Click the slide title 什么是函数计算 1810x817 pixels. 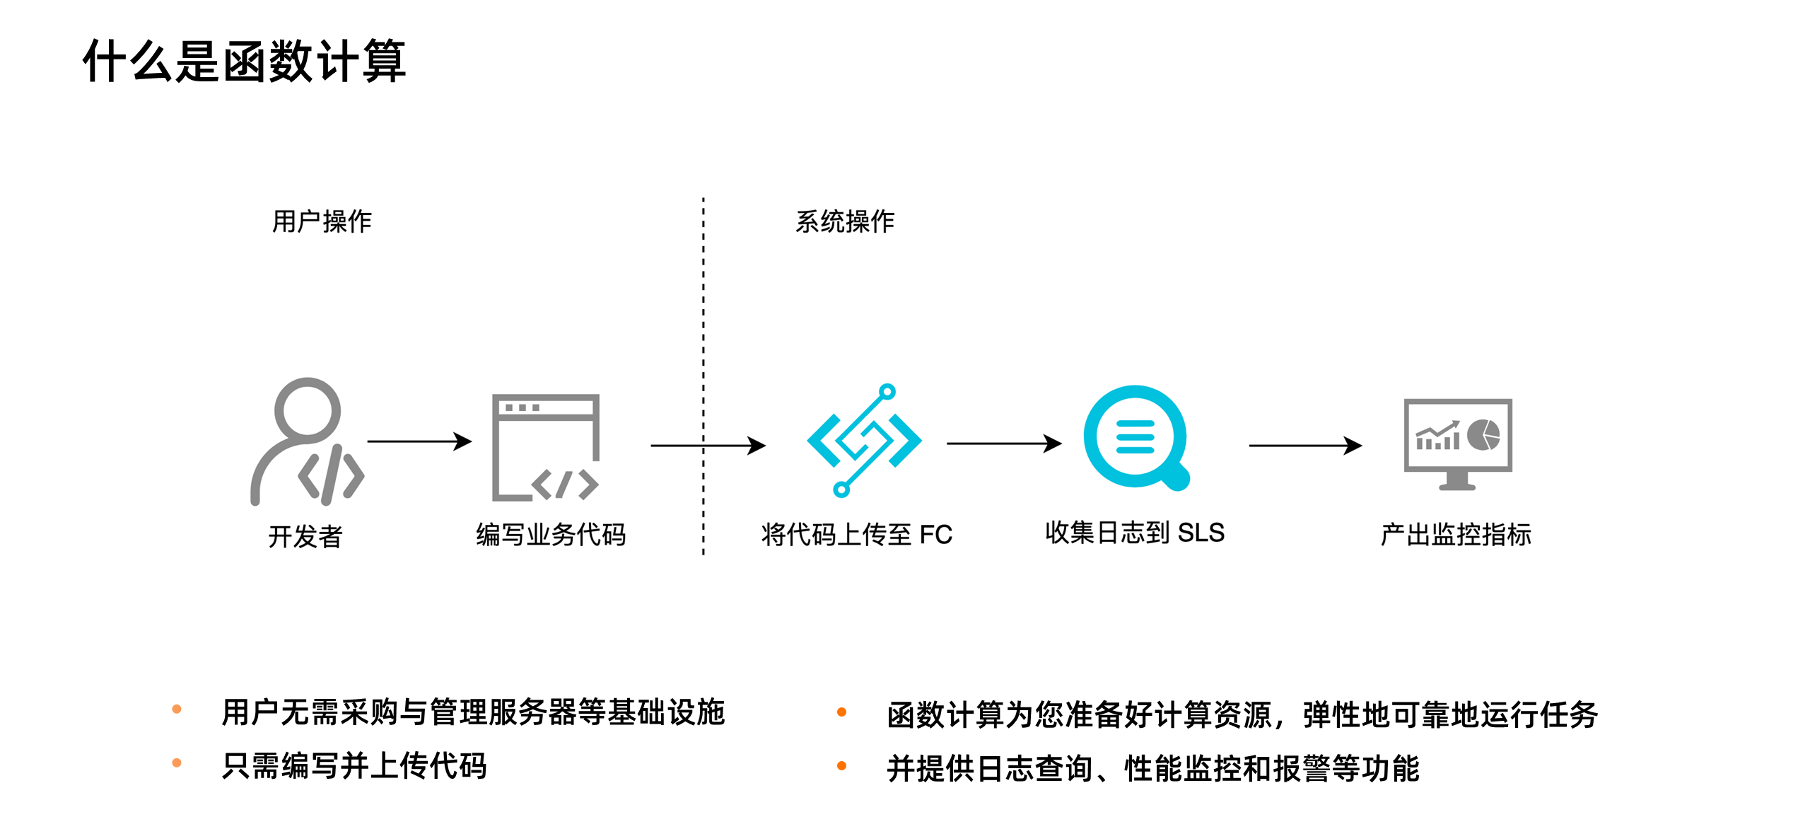point(244,62)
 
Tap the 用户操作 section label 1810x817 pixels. point(322,221)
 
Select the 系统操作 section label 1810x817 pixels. point(845,221)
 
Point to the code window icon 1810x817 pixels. point(546,447)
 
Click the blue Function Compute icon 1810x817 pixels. point(863,440)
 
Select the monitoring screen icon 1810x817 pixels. point(1458,443)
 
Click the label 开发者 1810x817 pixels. point(305,536)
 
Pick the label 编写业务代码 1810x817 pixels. point(551,534)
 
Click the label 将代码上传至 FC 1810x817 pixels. point(857,534)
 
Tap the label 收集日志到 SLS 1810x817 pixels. point(1135,533)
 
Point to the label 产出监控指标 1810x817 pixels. point(1456,534)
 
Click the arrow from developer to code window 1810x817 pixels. point(419,441)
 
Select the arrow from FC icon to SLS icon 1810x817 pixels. point(1004,444)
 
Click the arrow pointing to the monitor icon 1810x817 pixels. point(1305,446)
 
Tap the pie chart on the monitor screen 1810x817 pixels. point(1483,434)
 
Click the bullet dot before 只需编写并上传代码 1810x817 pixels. point(177,763)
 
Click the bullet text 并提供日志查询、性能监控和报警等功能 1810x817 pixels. point(1152,768)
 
